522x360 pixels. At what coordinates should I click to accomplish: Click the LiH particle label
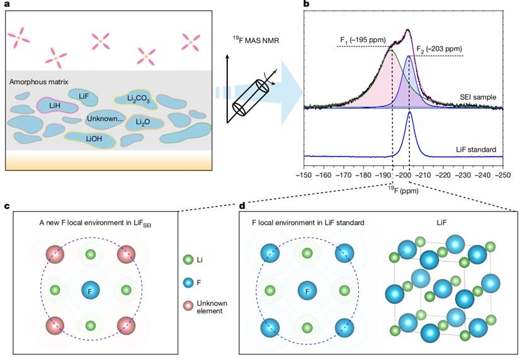(54, 105)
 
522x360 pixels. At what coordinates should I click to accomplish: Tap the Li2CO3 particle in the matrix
(133, 97)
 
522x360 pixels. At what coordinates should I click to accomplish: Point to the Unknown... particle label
(104, 119)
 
